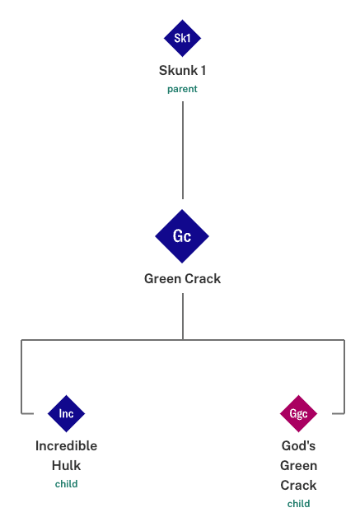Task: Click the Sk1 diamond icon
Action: (x=182, y=38)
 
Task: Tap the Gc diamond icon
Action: (x=182, y=236)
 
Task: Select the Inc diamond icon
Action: (x=67, y=413)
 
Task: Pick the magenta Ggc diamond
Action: (x=298, y=413)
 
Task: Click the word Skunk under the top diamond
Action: (x=178, y=70)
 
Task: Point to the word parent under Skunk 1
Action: (x=182, y=89)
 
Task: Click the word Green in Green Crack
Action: (x=162, y=279)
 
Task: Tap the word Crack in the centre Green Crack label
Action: (x=203, y=279)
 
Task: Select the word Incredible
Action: (x=67, y=445)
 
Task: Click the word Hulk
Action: (x=67, y=466)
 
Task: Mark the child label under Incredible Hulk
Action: (x=67, y=484)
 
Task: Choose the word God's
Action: (x=298, y=445)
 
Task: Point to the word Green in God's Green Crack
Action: (x=298, y=466)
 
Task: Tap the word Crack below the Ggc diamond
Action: (x=298, y=486)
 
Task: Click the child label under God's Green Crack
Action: (x=298, y=504)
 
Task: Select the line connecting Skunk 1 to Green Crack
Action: (x=183, y=150)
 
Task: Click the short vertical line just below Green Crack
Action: (x=183, y=316)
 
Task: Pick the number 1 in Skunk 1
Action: (x=203, y=70)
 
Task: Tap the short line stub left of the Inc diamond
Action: (x=27, y=413)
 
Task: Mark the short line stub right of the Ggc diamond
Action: (x=339, y=413)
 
